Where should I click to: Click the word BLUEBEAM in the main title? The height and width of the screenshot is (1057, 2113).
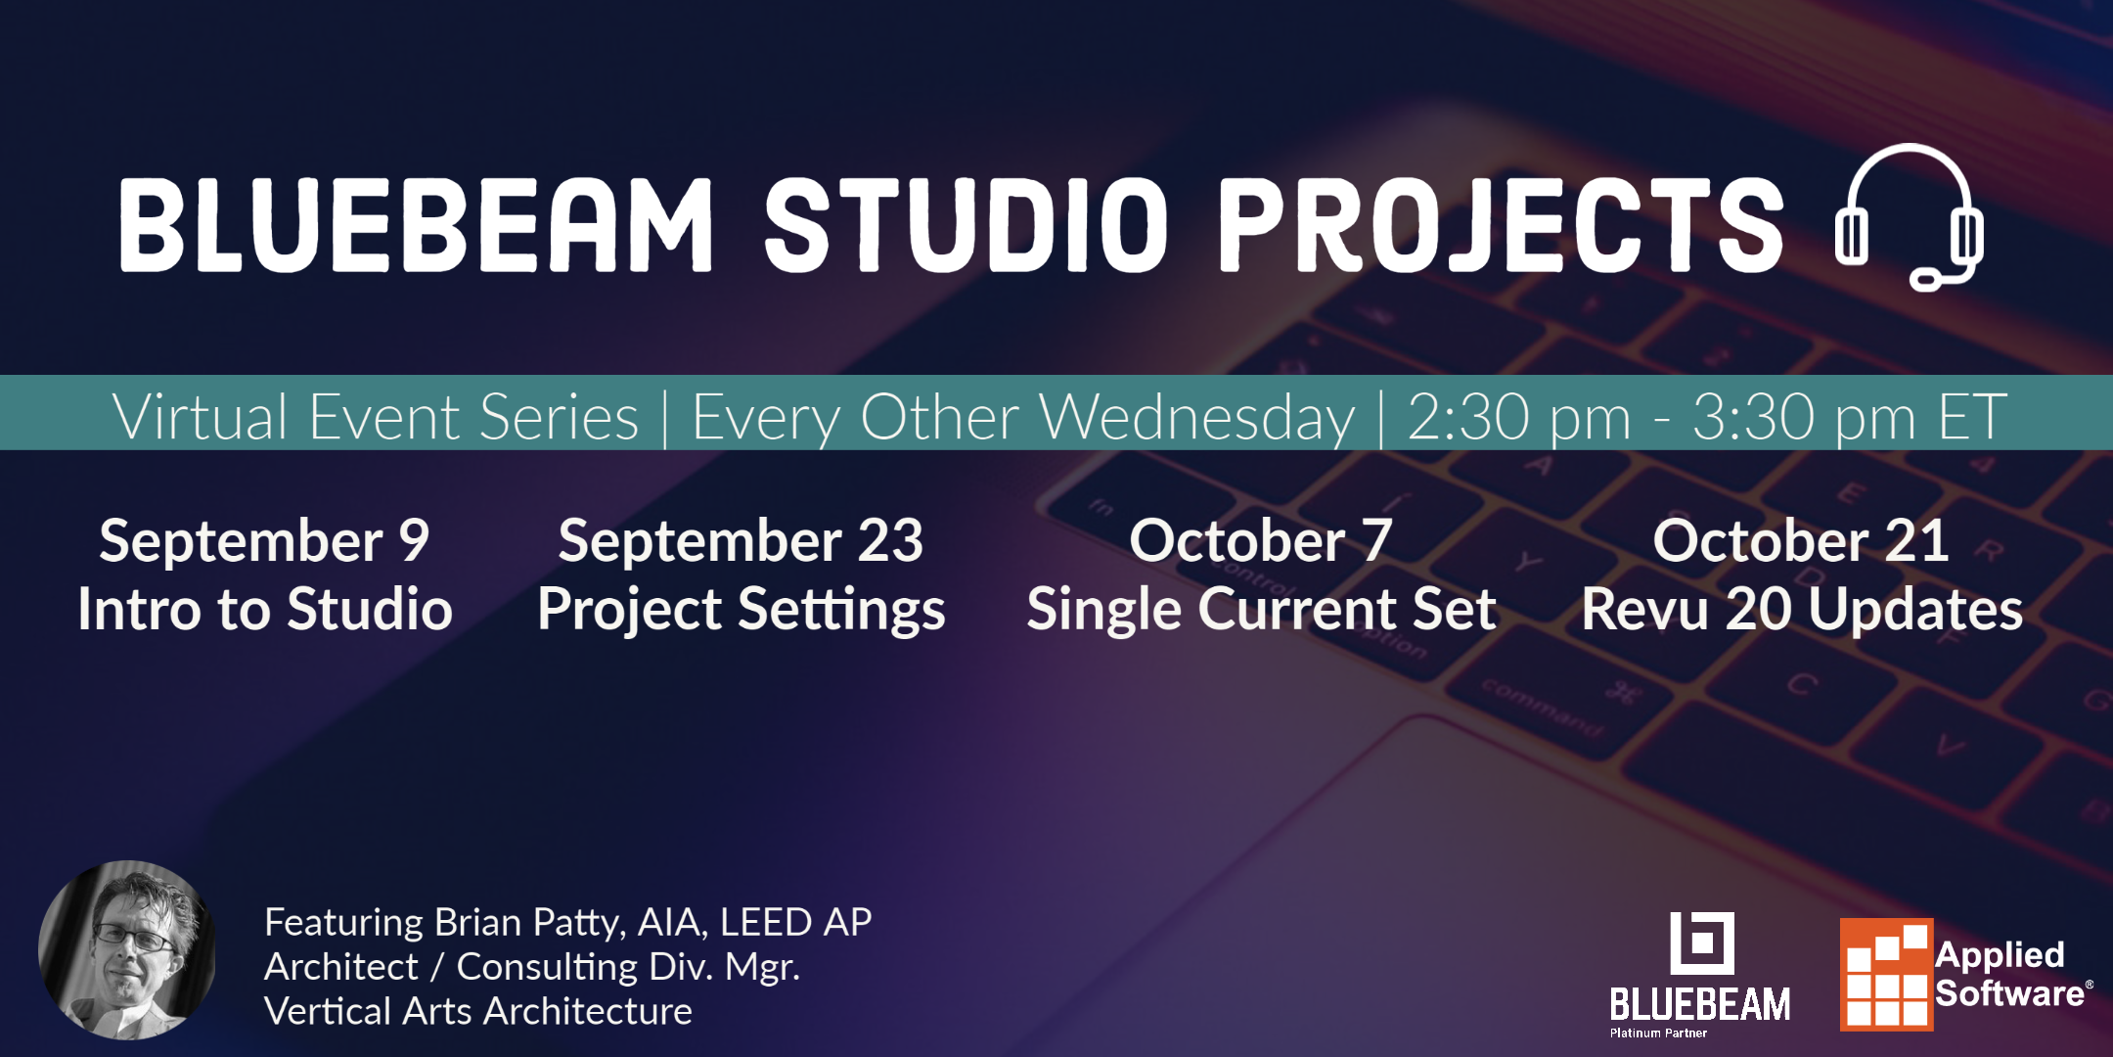point(416,225)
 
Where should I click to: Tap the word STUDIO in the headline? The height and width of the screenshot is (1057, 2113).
point(966,225)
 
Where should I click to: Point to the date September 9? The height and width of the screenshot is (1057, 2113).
point(264,541)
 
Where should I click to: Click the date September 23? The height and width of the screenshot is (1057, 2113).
point(741,541)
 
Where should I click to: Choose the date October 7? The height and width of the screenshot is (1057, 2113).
point(1261,541)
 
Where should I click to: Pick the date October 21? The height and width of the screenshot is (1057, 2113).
point(1801,541)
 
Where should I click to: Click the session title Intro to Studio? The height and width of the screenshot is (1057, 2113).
point(265,610)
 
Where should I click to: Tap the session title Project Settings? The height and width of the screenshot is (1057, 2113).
point(741,610)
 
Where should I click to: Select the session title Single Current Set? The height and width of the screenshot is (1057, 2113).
point(1261,610)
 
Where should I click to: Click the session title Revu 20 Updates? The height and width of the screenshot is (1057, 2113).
point(1802,610)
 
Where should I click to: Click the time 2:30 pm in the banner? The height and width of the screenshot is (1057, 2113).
point(1518,418)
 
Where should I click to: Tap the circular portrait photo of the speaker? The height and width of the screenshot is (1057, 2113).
point(127,949)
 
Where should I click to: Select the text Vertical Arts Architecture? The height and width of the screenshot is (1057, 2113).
point(477,1011)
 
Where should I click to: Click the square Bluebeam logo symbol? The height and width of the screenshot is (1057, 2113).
point(1701,943)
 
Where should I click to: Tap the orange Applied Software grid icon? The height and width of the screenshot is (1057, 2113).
point(1885,975)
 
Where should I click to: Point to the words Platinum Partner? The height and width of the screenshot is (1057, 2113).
point(1658,1034)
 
